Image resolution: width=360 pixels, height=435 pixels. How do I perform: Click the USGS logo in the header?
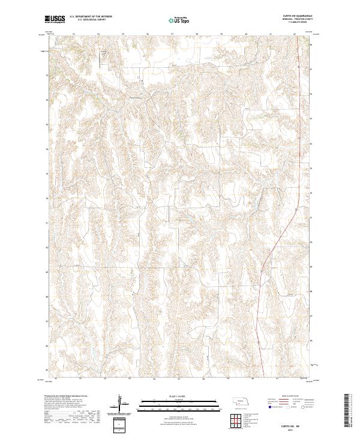tap(55, 20)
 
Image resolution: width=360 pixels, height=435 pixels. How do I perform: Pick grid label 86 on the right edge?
tap(311, 346)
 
